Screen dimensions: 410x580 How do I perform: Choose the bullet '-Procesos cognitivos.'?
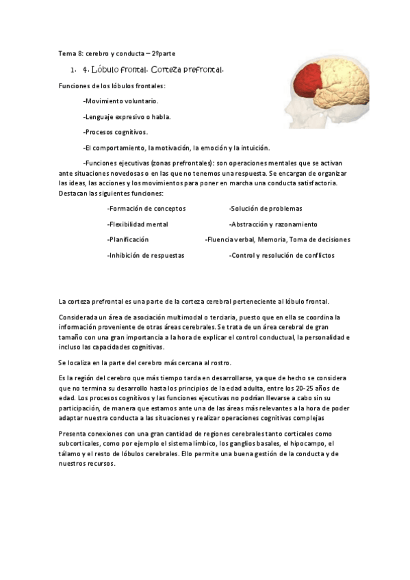[x=115, y=132]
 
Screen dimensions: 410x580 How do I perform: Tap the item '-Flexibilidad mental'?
[x=138, y=224]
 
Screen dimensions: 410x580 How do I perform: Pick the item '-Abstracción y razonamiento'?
[x=273, y=224]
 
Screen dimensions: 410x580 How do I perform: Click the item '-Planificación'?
[x=128, y=240]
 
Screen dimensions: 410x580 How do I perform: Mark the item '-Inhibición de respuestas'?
[x=146, y=255]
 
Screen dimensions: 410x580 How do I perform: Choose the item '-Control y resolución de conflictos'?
[x=282, y=255]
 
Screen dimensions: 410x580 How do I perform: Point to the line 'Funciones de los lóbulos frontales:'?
[x=112, y=85]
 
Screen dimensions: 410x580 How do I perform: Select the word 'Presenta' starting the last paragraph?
[x=73, y=434]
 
